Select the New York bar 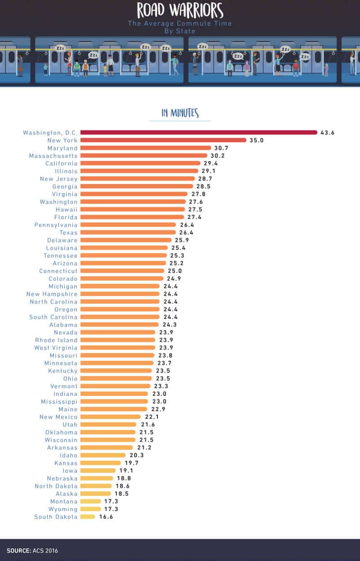[x=163, y=140]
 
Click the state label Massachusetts [x=53, y=156]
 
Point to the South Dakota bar [x=88, y=516]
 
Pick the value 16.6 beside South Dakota [x=106, y=517]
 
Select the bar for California [x=140, y=163]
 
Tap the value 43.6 [x=327, y=133]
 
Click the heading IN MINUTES [x=180, y=113]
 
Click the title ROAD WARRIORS [x=180, y=10]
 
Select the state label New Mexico [x=58, y=417]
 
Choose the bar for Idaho [x=103, y=455]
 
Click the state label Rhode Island [x=56, y=340]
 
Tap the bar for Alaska [x=96, y=493]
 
